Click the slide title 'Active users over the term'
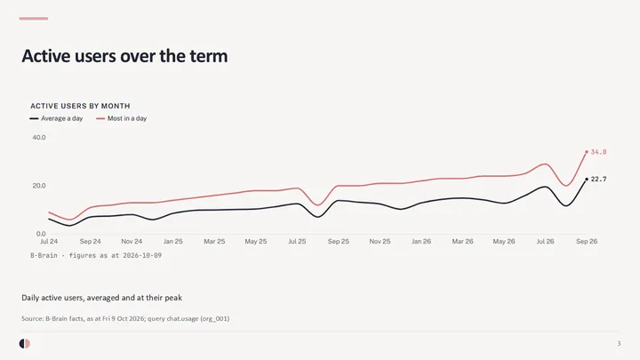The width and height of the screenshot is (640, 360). (x=124, y=56)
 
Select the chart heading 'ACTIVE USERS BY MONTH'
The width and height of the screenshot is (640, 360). (x=80, y=106)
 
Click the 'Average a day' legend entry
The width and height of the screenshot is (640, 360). (x=56, y=118)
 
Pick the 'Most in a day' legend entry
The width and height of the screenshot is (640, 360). (x=122, y=118)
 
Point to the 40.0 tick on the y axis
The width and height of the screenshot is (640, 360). (x=39, y=138)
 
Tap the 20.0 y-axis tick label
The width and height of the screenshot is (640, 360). (x=39, y=186)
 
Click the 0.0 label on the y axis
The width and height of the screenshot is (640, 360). (x=41, y=234)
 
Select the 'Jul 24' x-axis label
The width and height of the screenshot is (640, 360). (x=49, y=241)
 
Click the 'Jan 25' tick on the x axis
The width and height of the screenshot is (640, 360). (x=173, y=241)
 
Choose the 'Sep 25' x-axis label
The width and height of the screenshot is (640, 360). (x=339, y=241)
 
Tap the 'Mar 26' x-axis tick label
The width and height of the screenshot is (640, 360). (x=462, y=241)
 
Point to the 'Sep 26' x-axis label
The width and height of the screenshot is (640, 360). (x=587, y=241)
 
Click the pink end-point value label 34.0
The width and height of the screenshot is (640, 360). (x=598, y=152)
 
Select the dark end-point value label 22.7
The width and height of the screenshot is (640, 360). (x=598, y=180)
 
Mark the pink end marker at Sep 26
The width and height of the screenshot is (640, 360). (x=587, y=152)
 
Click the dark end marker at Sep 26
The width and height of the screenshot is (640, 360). (x=587, y=180)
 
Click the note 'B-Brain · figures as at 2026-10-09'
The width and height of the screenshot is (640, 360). (x=96, y=255)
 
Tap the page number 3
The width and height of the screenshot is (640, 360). (x=619, y=344)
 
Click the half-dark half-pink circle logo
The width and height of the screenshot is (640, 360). (x=25, y=344)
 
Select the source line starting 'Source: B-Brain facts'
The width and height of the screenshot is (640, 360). (x=125, y=318)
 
